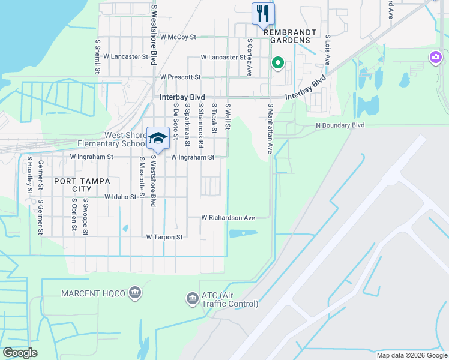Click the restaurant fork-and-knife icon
[262, 14]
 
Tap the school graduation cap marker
[158, 138]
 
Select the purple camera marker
[435, 58]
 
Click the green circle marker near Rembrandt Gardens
[277, 62]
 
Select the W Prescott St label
[180, 77]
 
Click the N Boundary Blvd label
[340, 125]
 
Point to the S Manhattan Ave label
[270, 128]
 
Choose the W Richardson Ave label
[228, 217]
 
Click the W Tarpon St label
[164, 237]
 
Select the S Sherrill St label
[97, 57]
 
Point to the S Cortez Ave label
[249, 58]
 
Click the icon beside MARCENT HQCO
[135, 293]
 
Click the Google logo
[20, 353]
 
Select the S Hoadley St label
[29, 175]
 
